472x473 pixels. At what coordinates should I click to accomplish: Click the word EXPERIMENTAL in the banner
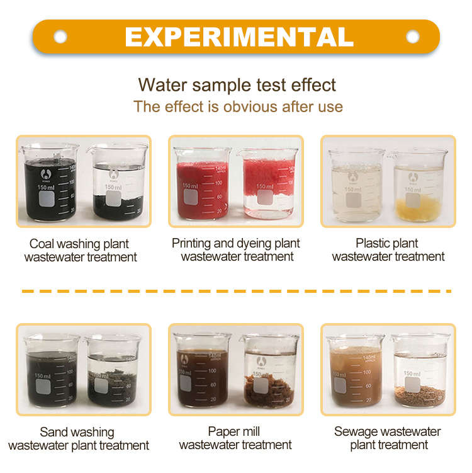[x=239, y=37]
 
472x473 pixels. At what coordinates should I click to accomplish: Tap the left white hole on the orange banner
[x=60, y=37]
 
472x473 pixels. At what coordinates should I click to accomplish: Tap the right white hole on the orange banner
[x=413, y=37]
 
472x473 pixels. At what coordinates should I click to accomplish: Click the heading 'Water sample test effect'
[x=237, y=85]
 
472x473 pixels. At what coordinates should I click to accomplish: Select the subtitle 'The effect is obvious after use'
[x=238, y=106]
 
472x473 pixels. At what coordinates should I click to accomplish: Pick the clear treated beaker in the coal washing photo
[x=117, y=183]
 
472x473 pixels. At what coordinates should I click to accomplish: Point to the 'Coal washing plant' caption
[x=79, y=244]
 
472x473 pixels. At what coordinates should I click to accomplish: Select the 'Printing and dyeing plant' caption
[x=236, y=244]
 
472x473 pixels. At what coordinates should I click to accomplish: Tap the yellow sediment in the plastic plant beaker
[x=417, y=208]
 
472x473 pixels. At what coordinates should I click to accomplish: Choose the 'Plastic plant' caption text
[x=387, y=244]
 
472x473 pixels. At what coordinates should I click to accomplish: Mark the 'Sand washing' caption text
[x=77, y=432]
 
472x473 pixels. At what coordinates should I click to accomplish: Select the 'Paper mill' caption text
[x=233, y=432]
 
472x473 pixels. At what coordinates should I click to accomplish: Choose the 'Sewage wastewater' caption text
[x=388, y=432]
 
